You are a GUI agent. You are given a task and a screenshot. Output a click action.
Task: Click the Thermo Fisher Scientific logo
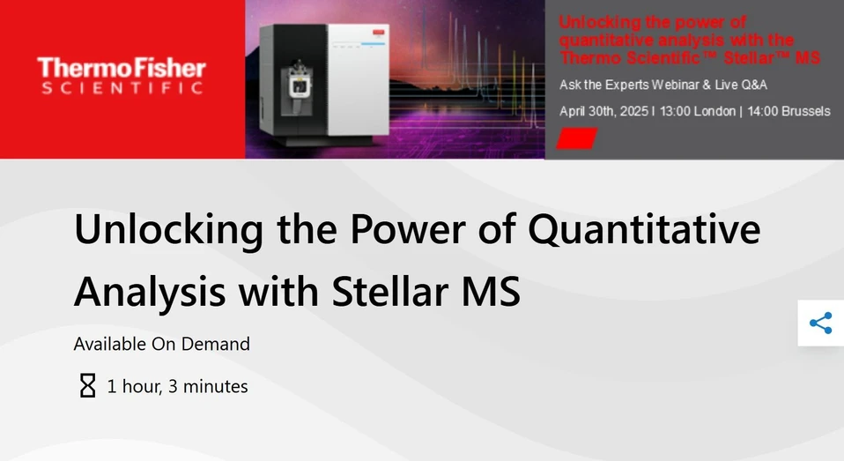[x=122, y=76]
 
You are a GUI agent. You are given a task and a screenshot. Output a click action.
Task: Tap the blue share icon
[x=820, y=323]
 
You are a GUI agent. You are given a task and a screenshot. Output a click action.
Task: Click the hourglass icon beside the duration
[x=87, y=386]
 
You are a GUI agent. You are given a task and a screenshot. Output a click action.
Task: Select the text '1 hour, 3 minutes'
[x=177, y=386]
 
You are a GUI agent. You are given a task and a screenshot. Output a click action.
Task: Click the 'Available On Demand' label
[x=161, y=344]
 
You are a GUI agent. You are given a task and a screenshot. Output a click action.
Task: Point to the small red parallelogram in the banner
[x=578, y=138]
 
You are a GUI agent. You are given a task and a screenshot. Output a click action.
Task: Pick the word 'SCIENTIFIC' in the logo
[x=122, y=88]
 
